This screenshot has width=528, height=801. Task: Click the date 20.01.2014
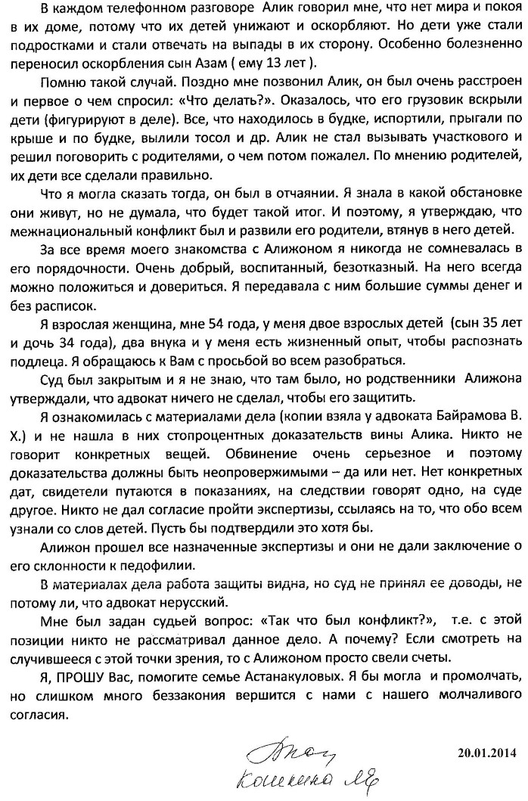pos(486,753)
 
